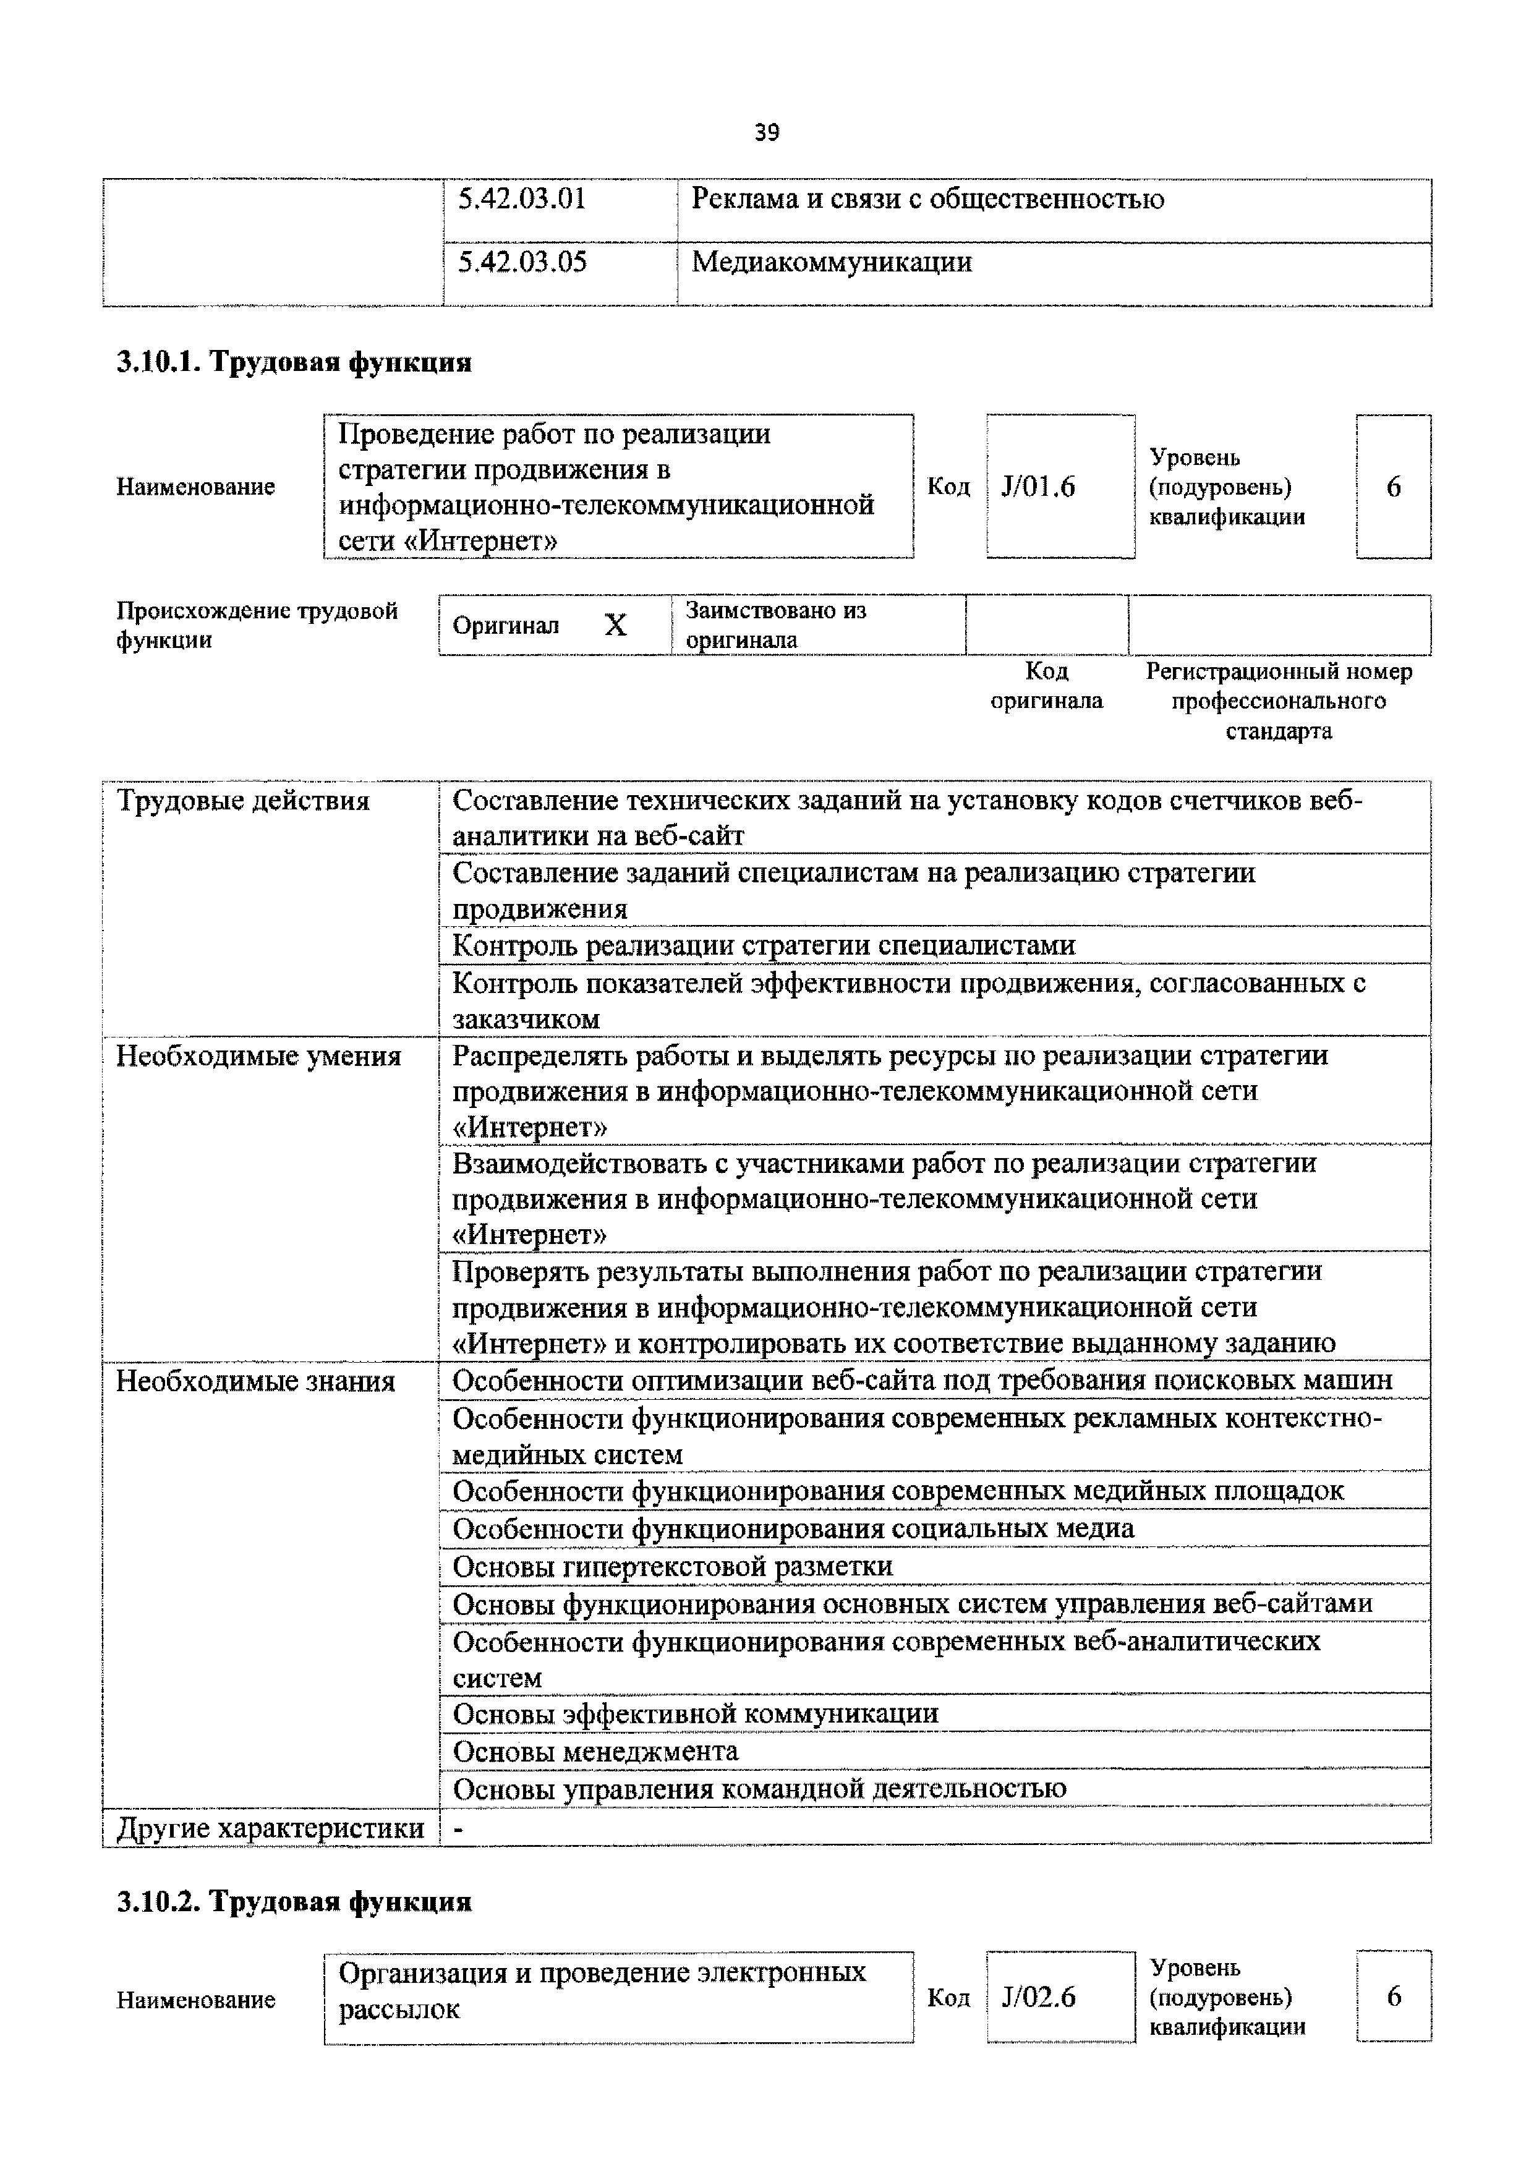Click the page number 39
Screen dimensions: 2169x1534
pyautogui.click(x=766, y=133)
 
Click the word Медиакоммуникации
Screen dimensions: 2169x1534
pyautogui.click(x=831, y=262)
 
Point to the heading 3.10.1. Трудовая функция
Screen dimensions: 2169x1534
pyautogui.click(x=294, y=363)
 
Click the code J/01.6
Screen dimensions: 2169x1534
pyautogui.click(x=1038, y=487)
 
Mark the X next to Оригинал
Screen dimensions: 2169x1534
pyautogui.click(x=615, y=625)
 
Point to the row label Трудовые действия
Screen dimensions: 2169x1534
pyautogui.click(x=243, y=801)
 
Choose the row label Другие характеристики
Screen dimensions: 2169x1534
pyautogui.click(x=270, y=1828)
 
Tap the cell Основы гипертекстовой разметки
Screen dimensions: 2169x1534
pyautogui.click(x=673, y=1566)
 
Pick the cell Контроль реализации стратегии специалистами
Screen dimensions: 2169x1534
pyautogui.click(x=763, y=945)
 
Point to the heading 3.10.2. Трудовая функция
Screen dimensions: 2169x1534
pyautogui.click(x=294, y=1901)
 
